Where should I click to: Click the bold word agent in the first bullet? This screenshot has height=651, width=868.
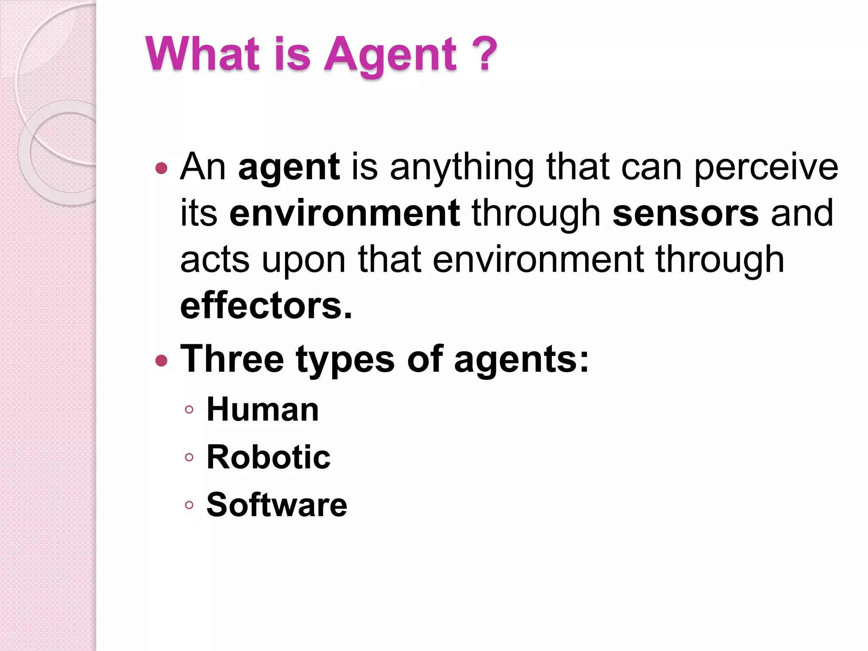click(289, 168)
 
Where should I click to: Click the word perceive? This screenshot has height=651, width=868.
click(766, 168)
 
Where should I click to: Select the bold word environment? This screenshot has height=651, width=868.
click(344, 213)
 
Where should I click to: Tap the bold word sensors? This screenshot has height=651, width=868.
click(685, 213)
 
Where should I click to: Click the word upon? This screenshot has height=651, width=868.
click(303, 260)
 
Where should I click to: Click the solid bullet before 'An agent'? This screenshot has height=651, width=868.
click(161, 169)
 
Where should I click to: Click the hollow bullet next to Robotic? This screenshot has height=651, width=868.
click(189, 457)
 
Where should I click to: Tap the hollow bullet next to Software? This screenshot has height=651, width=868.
click(189, 505)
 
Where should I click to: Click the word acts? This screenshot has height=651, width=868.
click(214, 260)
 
